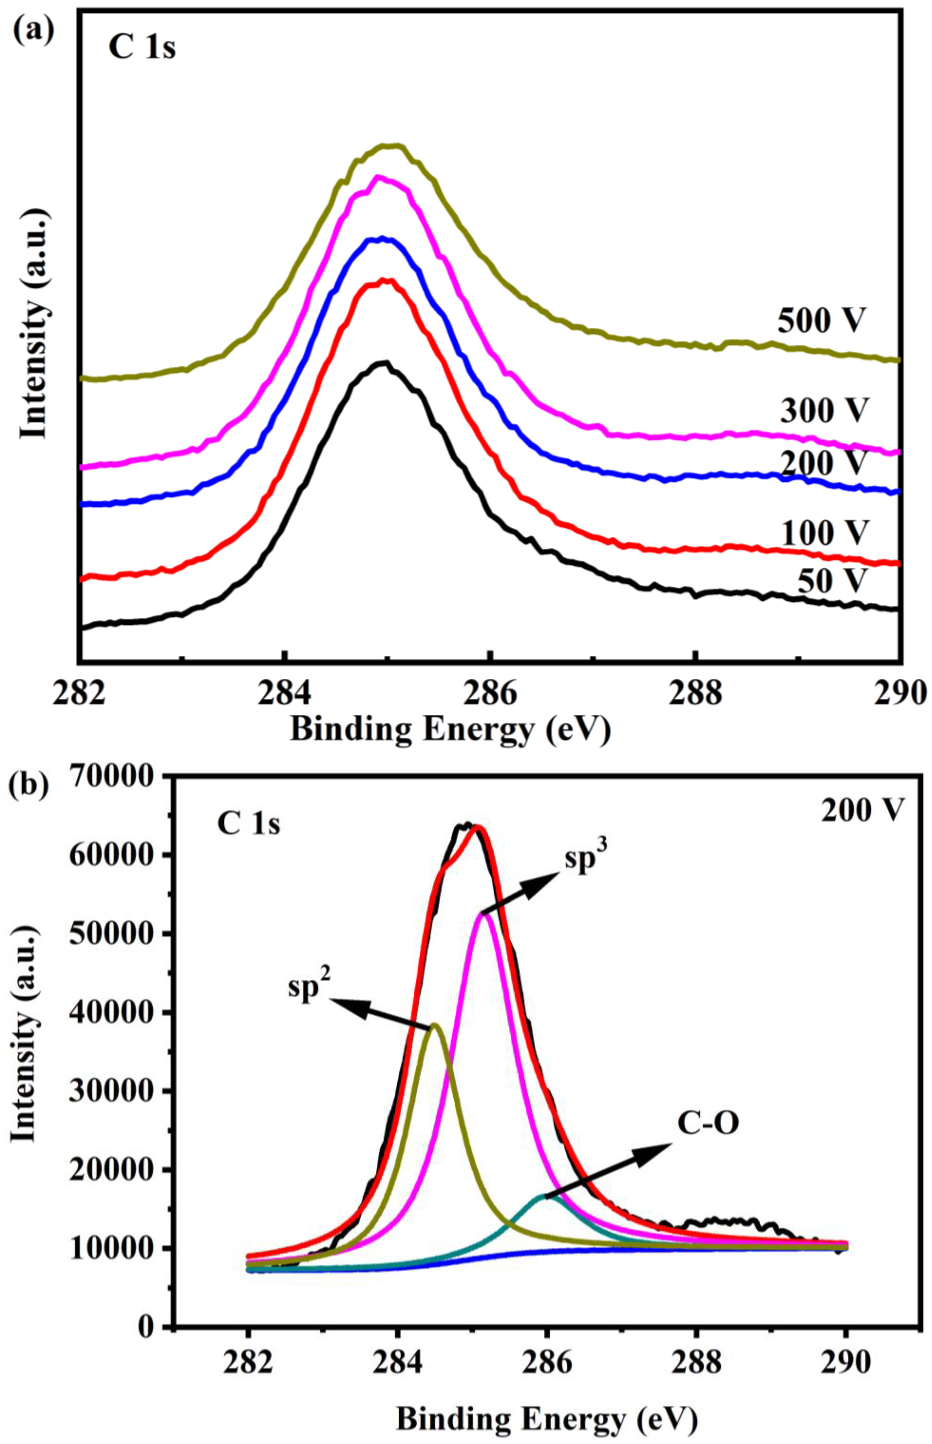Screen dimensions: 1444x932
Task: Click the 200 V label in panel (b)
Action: [862, 810]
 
